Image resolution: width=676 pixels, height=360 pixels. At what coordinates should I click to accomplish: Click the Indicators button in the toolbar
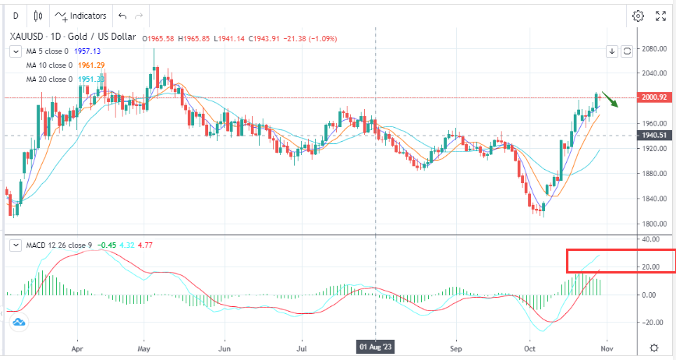click(x=82, y=16)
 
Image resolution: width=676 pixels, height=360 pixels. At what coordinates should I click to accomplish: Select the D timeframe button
click(x=15, y=16)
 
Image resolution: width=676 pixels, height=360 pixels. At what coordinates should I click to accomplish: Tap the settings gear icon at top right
click(x=639, y=16)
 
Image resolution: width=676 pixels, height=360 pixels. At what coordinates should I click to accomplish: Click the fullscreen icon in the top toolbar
click(x=663, y=16)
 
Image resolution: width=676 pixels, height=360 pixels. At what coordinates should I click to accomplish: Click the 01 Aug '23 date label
click(x=377, y=345)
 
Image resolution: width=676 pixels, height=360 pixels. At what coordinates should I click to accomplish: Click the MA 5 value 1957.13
click(x=93, y=51)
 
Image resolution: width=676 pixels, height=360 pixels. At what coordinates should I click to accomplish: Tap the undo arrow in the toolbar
click(x=121, y=16)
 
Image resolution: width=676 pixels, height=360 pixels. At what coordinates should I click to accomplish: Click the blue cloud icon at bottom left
click(x=18, y=321)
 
